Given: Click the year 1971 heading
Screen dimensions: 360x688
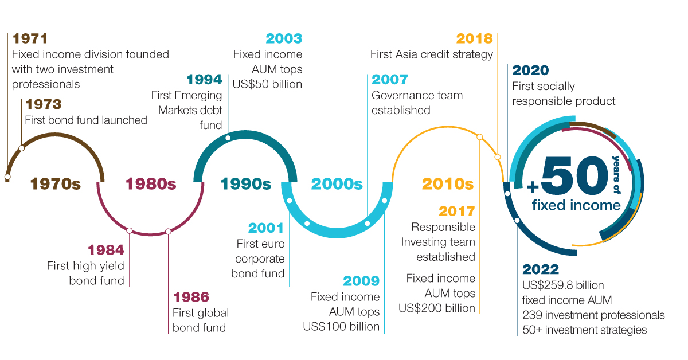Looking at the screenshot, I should [30, 39].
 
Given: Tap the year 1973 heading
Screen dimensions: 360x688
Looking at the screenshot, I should [42, 105].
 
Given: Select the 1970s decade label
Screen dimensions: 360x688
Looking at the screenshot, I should [56, 184].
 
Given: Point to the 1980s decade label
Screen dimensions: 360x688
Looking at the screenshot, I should [151, 184].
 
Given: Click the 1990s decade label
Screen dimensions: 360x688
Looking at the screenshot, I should [246, 184].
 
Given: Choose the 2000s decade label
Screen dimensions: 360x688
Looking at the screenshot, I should [337, 184].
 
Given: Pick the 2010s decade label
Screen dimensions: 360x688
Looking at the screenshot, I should [448, 184].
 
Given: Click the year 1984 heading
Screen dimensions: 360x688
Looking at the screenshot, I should [106, 251].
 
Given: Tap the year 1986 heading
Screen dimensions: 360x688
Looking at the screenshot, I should [191, 297].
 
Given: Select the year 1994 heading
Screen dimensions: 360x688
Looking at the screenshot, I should [205, 80].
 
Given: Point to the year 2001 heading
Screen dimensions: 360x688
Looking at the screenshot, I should [267, 228].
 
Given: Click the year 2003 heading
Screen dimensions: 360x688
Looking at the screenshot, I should [284, 39].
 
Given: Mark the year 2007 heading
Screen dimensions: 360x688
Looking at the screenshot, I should [390, 80].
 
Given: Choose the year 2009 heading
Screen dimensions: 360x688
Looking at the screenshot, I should [361, 281].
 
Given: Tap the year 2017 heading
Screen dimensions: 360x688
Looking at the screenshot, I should [457, 212].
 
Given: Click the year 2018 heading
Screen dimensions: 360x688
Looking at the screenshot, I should [474, 39].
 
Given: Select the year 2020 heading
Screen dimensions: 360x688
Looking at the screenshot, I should [530, 71].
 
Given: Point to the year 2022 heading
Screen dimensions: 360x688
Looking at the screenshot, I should [541, 269].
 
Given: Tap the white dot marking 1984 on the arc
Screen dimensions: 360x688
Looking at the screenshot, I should [130, 231].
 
